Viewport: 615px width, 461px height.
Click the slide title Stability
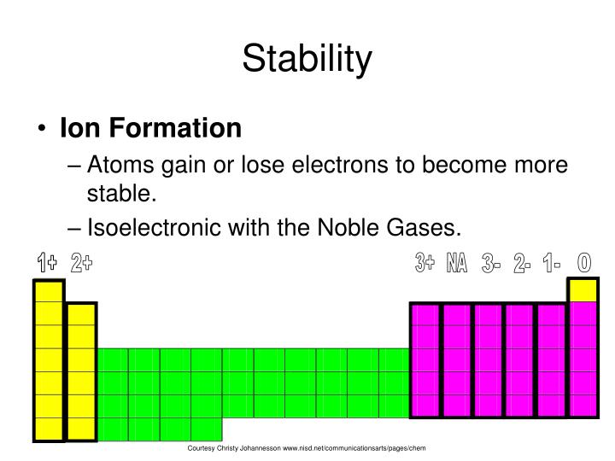307,60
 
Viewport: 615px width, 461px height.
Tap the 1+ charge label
47,264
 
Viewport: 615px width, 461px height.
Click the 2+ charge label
82,264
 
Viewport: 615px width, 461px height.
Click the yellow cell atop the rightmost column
583,290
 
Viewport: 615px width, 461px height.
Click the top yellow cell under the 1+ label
48,291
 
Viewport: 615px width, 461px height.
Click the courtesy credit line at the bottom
307,448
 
